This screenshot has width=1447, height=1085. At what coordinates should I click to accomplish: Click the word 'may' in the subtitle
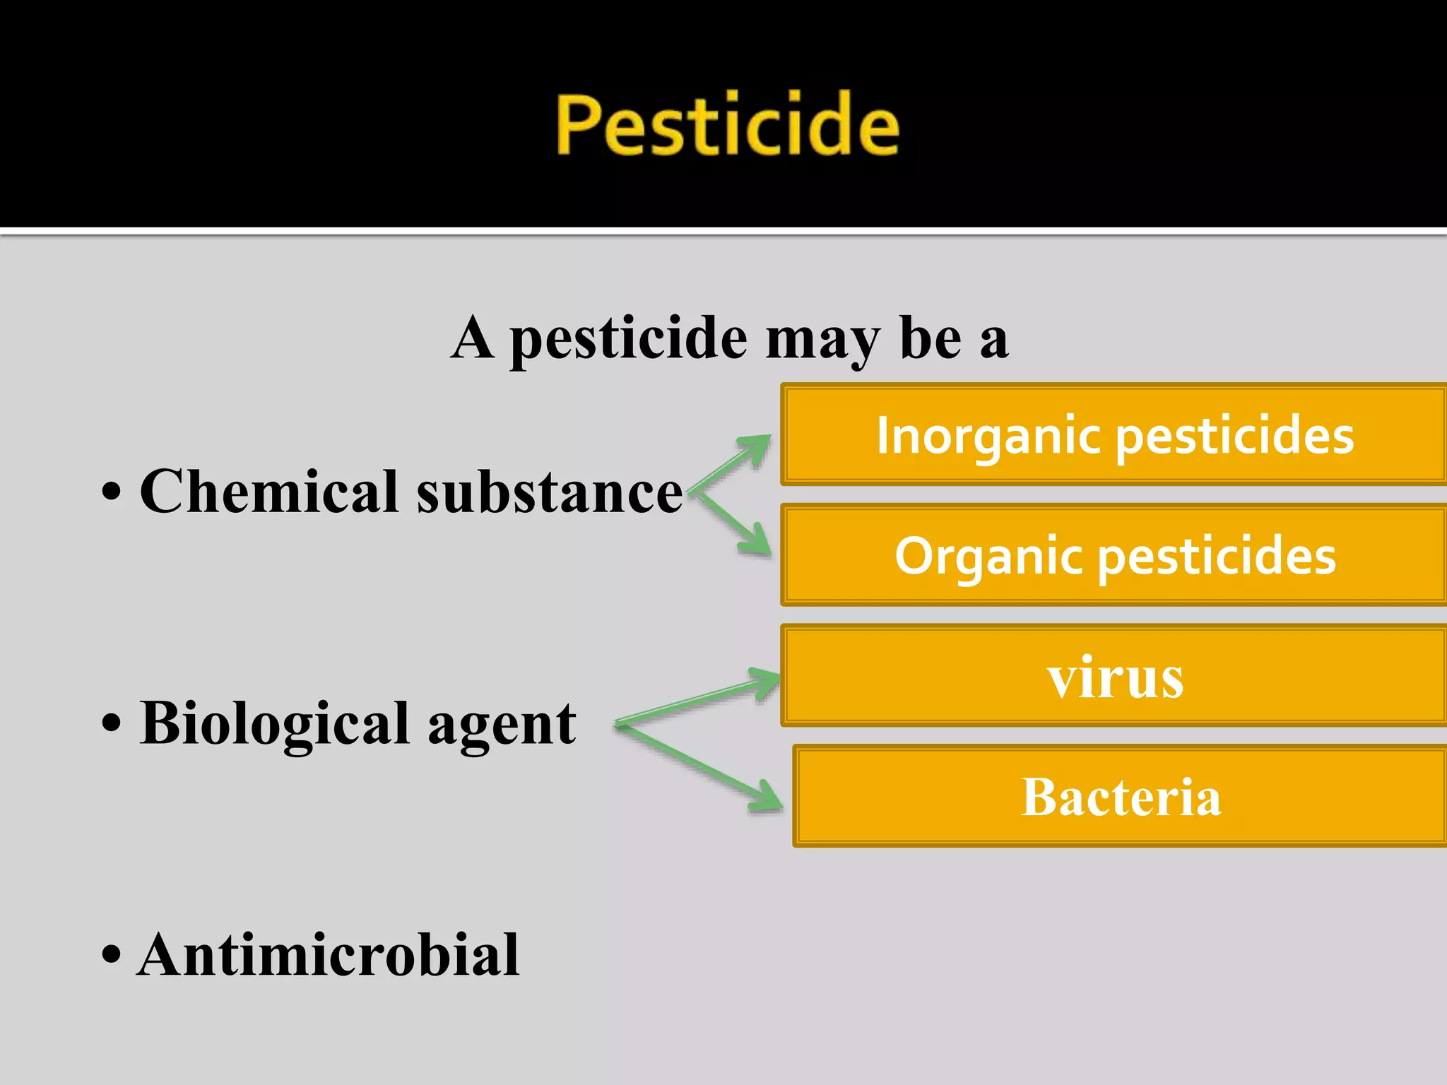[822, 339]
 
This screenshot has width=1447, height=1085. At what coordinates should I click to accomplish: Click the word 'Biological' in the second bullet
[275, 724]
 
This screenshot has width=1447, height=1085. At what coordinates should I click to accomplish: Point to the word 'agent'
[502, 726]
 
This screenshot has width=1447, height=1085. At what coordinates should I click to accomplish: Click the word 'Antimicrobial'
[329, 955]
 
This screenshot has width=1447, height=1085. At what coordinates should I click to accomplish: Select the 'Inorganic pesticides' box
[1114, 434]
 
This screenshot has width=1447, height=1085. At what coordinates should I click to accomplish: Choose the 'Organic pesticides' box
[1114, 555]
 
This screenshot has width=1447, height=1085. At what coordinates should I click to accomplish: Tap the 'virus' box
[1114, 676]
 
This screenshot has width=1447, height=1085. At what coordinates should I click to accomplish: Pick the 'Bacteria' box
[1121, 796]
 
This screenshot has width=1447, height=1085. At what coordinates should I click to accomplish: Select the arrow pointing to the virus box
[699, 699]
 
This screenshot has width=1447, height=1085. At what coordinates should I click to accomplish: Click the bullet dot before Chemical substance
[112, 492]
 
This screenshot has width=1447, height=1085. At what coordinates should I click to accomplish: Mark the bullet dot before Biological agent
[112, 724]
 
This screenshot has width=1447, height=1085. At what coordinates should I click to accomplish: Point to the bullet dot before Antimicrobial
[112, 955]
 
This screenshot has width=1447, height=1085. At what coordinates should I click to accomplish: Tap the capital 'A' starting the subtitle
[472, 338]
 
